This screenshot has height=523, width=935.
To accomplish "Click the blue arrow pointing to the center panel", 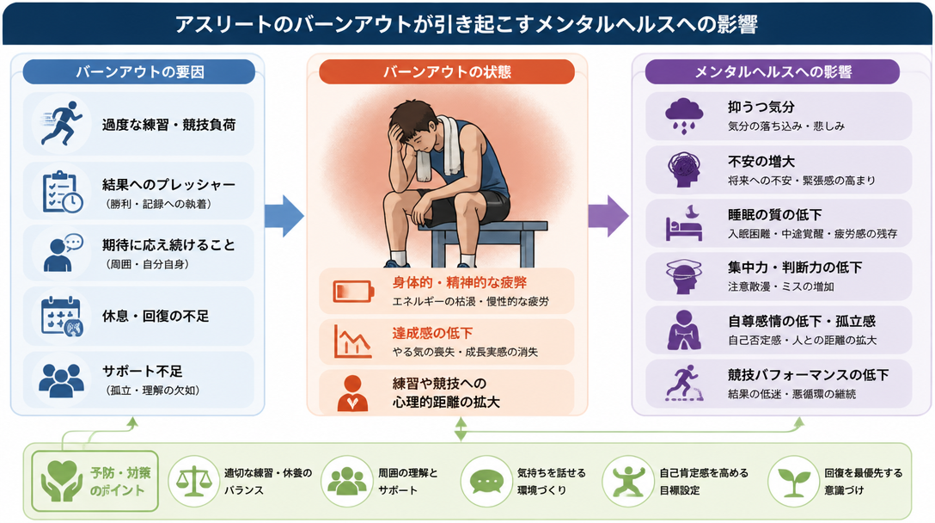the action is pos(284,216).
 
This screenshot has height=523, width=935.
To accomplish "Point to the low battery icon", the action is pos(353,292).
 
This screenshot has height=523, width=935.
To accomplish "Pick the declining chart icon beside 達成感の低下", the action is pos(352,341).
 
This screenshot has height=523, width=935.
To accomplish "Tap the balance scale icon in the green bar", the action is pos(194,481).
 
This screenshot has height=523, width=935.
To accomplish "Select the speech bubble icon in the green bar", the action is pos(487,481).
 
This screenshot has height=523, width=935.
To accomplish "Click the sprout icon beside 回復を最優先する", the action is pos(794,481).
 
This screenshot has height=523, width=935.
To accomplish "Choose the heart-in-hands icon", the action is pos(62,481).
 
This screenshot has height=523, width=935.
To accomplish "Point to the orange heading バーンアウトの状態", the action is pos(447,72).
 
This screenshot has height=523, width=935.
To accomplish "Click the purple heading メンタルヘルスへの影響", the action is pos(773,72).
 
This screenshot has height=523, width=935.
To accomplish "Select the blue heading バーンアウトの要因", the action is pos(139,72).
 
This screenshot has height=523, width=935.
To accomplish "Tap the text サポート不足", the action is pos(142,372).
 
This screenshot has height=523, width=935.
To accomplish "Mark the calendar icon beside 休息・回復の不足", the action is pos(61,316).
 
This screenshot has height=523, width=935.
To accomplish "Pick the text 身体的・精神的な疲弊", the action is pos(459,282).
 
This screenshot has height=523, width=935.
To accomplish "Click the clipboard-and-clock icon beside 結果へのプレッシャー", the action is pos(62,192).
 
